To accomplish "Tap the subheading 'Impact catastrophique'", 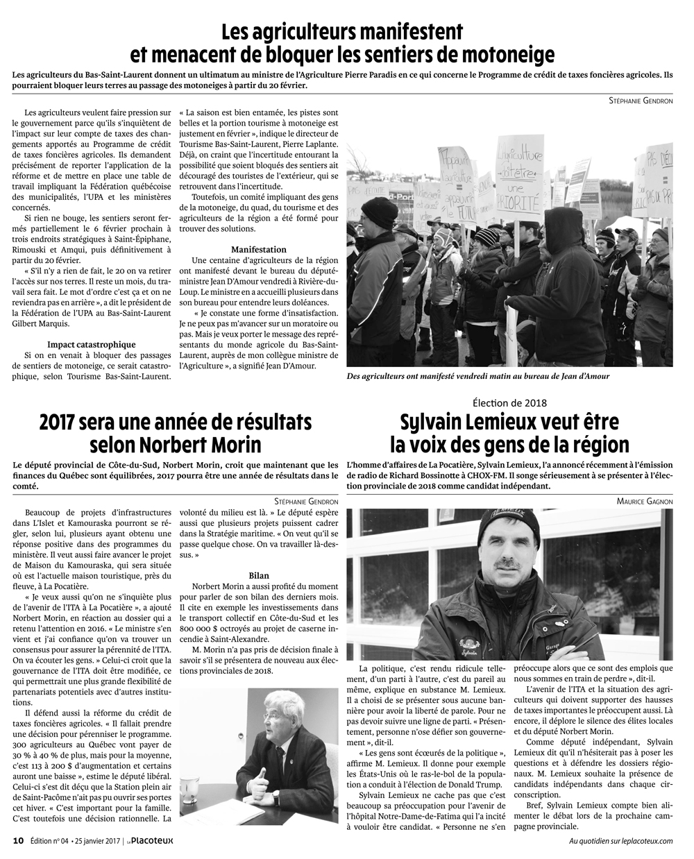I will [92, 344].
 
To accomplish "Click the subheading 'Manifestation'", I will [258, 248].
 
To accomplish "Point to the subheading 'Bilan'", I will [258, 575].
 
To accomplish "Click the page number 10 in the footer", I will [19, 840].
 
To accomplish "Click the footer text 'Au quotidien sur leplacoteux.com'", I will [620, 841].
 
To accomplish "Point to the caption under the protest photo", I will [482, 377].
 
